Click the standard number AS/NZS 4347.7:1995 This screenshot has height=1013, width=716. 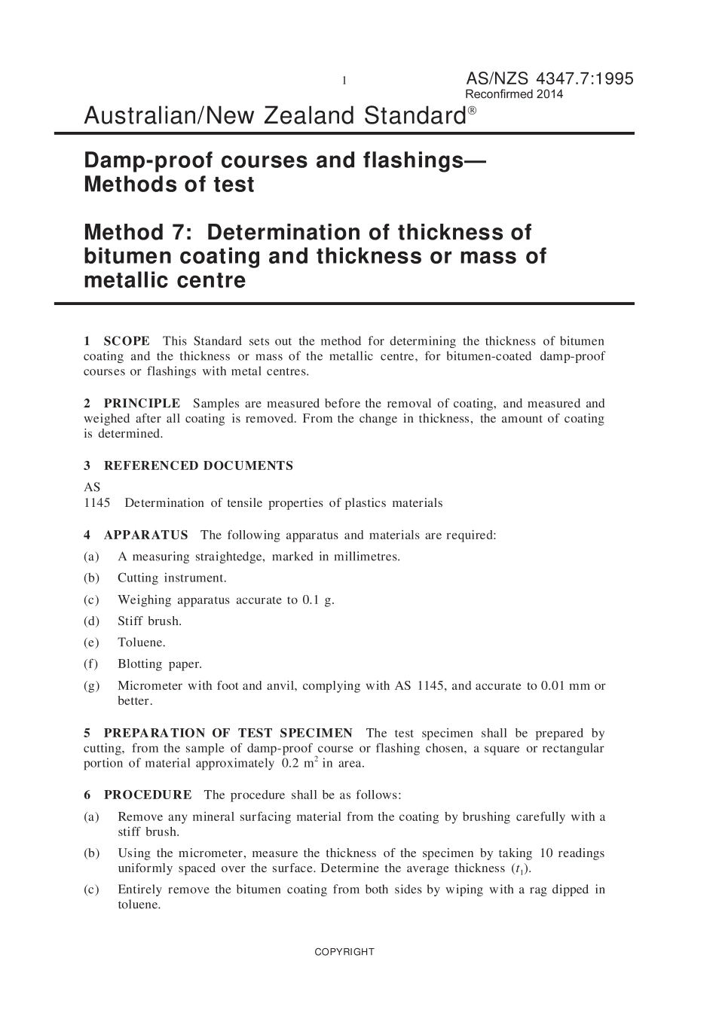coord(549,79)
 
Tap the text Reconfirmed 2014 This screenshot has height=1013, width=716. coord(514,95)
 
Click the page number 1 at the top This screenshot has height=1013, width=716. coord(344,81)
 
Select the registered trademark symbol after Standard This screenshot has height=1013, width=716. coord(472,111)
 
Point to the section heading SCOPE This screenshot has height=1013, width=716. coord(127,341)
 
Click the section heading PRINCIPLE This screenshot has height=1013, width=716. coord(142,404)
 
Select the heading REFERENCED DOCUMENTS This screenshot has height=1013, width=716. coord(198,466)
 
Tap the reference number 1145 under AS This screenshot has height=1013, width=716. coord(96,503)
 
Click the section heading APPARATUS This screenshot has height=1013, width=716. coord(145,535)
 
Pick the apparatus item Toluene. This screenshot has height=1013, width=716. coord(141,642)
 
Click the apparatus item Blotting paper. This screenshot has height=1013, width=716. coord(160,664)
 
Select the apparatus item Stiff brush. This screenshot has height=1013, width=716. coord(149,621)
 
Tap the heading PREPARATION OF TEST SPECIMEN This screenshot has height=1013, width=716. coord(228,734)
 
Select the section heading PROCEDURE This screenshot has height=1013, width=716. coord(148,795)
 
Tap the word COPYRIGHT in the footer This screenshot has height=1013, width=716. coord(344,952)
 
